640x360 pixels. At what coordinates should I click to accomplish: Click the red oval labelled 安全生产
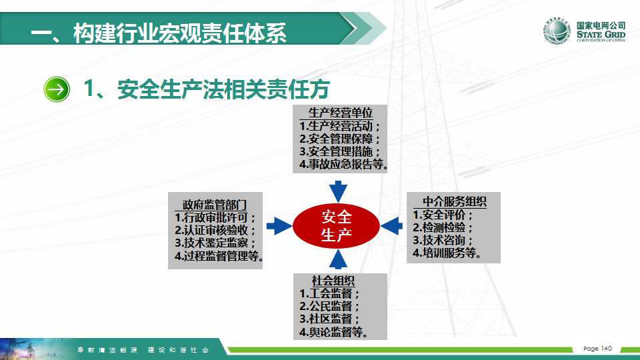(x=336, y=226)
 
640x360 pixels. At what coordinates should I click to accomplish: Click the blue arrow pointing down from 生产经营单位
(x=338, y=191)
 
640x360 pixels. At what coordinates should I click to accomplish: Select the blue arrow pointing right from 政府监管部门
(x=279, y=226)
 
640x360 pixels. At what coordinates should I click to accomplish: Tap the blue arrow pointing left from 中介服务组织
(x=391, y=226)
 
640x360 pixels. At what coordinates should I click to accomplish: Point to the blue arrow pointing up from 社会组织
(x=338, y=259)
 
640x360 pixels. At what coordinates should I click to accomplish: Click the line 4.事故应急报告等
(x=343, y=165)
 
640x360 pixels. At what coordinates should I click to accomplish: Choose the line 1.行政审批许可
(x=215, y=217)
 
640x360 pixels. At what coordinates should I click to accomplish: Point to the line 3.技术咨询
(x=443, y=240)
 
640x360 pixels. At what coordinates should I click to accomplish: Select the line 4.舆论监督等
(x=333, y=332)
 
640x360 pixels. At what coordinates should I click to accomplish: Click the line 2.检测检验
(x=443, y=227)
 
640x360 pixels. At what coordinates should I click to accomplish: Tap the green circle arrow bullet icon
(x=57, y=89)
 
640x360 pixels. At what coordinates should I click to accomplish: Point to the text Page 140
(x=597, y=349)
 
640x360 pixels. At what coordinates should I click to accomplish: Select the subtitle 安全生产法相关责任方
(x=223, y=89)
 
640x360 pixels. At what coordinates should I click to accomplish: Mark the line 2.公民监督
(x=329, y=306)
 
